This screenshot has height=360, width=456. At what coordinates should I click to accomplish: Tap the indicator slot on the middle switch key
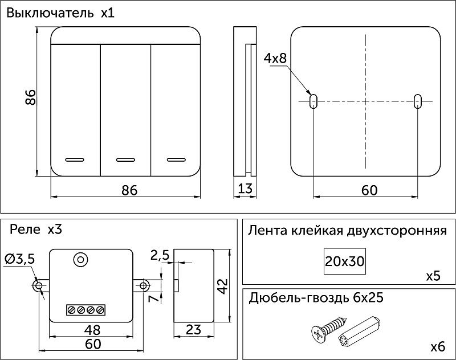(125, 159)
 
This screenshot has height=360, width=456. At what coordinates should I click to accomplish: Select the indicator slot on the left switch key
(75, 159)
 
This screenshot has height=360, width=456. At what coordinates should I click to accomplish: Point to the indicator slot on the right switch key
(176, 159)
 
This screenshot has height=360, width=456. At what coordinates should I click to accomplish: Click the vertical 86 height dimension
(31, 97)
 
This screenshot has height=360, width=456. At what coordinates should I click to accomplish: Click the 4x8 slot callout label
(275, 59)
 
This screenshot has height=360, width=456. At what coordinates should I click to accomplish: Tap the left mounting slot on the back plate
(313, 101)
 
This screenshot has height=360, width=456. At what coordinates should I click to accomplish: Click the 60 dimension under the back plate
(369, 190)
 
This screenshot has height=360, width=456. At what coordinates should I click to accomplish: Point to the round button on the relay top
(80, 260)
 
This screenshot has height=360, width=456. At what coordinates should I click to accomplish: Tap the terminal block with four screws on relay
(85, 310)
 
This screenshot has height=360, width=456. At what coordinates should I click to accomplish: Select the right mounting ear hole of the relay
(144, 285)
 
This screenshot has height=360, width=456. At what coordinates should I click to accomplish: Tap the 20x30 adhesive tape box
(344, 261)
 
